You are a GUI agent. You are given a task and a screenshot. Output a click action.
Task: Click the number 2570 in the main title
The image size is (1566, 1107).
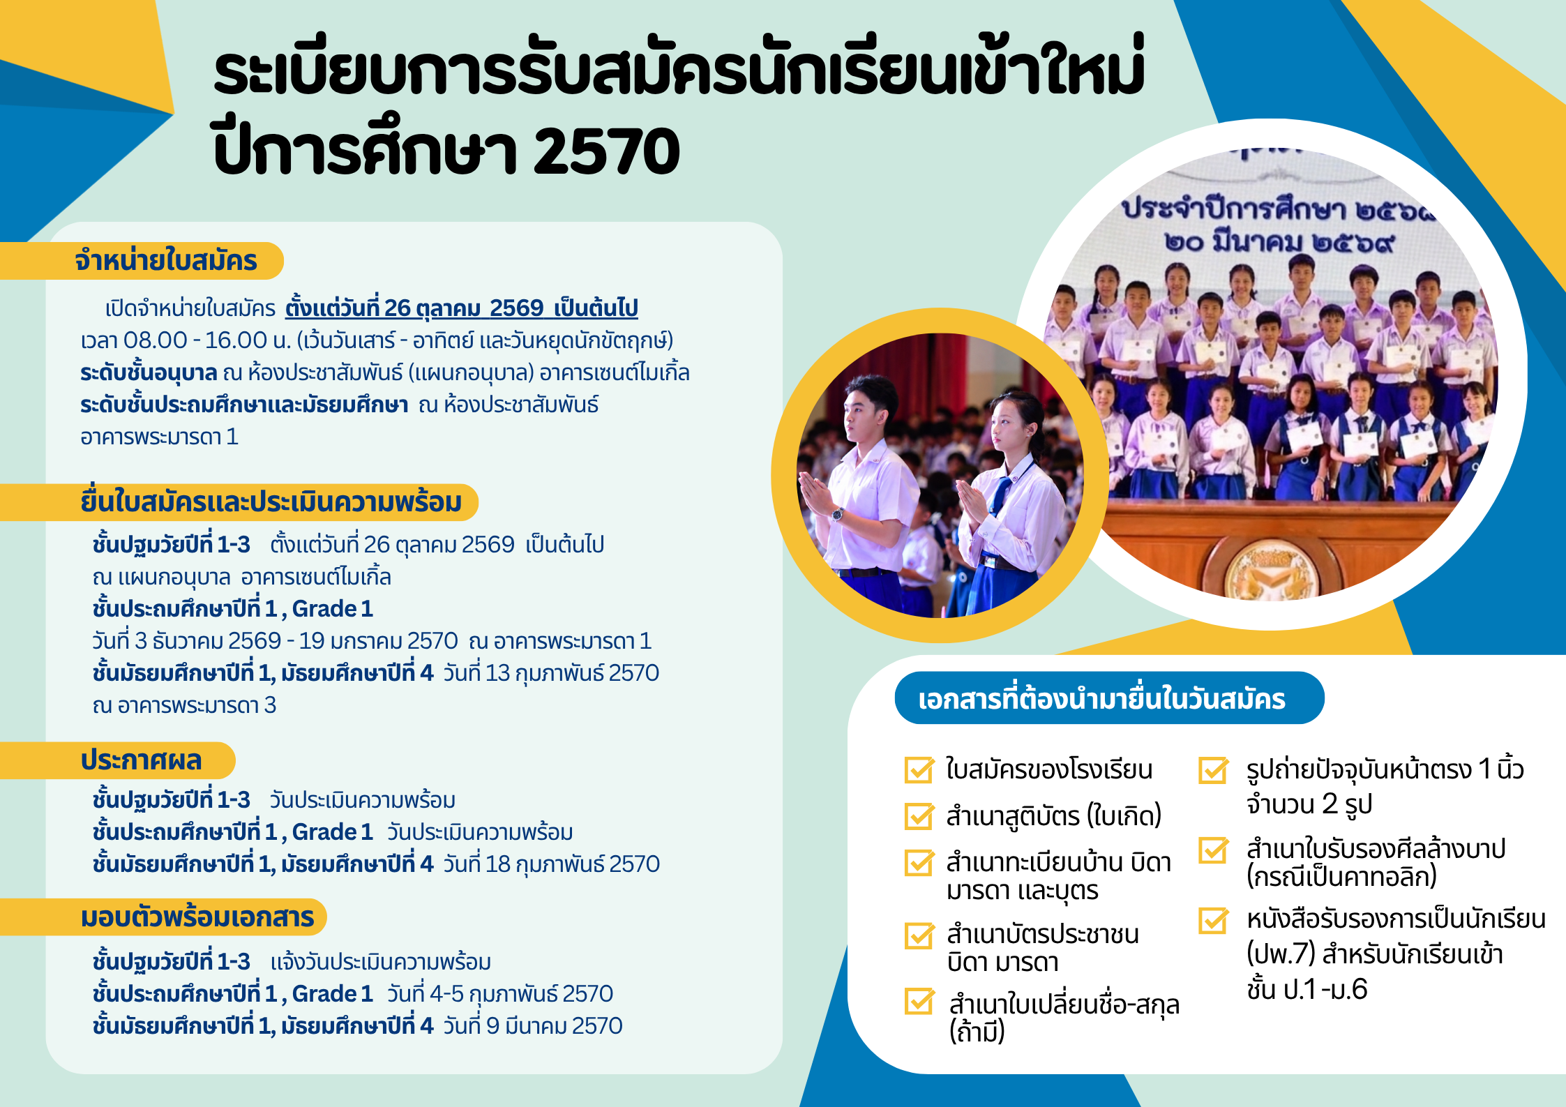tap(606, 151)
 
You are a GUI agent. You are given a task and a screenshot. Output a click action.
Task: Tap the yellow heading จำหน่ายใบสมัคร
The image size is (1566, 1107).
tap(166, 261)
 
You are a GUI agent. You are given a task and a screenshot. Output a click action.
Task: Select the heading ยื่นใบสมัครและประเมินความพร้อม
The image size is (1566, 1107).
tap(271, 502)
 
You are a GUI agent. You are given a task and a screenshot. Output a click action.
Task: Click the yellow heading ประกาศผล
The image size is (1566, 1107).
tap(141, 760)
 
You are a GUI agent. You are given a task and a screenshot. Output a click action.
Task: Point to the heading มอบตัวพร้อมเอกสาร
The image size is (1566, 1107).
tap(197, 917)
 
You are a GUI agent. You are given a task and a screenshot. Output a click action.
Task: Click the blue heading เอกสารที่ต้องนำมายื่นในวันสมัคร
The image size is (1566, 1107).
tap(1101, 699)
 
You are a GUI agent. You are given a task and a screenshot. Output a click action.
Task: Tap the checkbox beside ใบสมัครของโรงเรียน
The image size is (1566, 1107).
tap(919, 769)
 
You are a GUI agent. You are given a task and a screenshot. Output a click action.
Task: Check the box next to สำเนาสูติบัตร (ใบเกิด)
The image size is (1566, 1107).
tap(919, 816)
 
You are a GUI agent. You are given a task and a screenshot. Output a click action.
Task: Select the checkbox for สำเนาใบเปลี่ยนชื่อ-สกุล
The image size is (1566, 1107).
tap(919, 1002)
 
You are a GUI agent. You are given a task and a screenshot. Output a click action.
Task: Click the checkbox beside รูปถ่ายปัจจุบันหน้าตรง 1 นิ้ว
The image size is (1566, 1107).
tap(1214, 770)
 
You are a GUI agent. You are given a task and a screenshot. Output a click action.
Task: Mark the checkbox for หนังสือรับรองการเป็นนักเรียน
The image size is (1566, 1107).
tap(1214, 920)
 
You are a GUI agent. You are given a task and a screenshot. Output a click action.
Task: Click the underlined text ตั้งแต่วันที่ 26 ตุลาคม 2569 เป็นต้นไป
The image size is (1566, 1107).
tap(462, 308)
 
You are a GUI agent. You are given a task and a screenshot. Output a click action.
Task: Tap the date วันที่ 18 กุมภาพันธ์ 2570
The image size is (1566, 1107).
tap(551, 864)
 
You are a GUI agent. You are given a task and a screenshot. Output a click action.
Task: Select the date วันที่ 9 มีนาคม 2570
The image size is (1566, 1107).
tap(532, 1026)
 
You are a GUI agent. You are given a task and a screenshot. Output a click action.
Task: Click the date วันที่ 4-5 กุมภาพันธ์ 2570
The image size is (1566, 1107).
tap(499, 994)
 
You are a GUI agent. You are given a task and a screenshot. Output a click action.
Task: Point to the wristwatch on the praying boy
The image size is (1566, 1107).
tap(836, 515)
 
